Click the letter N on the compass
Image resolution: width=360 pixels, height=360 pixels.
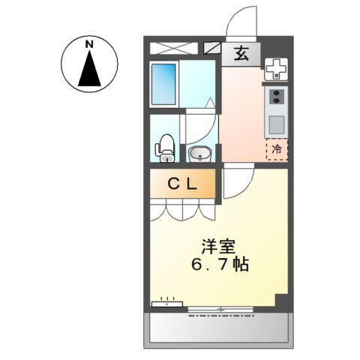(89, 44)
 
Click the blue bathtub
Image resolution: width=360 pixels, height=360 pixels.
(163, 84)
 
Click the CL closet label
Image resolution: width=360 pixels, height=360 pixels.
(182, 183)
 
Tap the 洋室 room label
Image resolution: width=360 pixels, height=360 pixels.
(217, 245)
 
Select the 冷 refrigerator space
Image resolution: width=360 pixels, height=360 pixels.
(277, 148)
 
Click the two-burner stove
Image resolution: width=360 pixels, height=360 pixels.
(277, 97)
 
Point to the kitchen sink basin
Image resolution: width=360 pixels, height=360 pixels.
(277, 123)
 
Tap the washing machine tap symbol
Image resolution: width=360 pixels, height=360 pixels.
(277, 70)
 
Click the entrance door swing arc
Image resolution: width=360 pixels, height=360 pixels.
(241, 21)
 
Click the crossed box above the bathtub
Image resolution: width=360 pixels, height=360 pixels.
(172, 48)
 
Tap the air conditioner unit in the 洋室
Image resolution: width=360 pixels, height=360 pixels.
(166, 304)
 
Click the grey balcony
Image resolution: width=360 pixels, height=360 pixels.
(217, 328)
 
